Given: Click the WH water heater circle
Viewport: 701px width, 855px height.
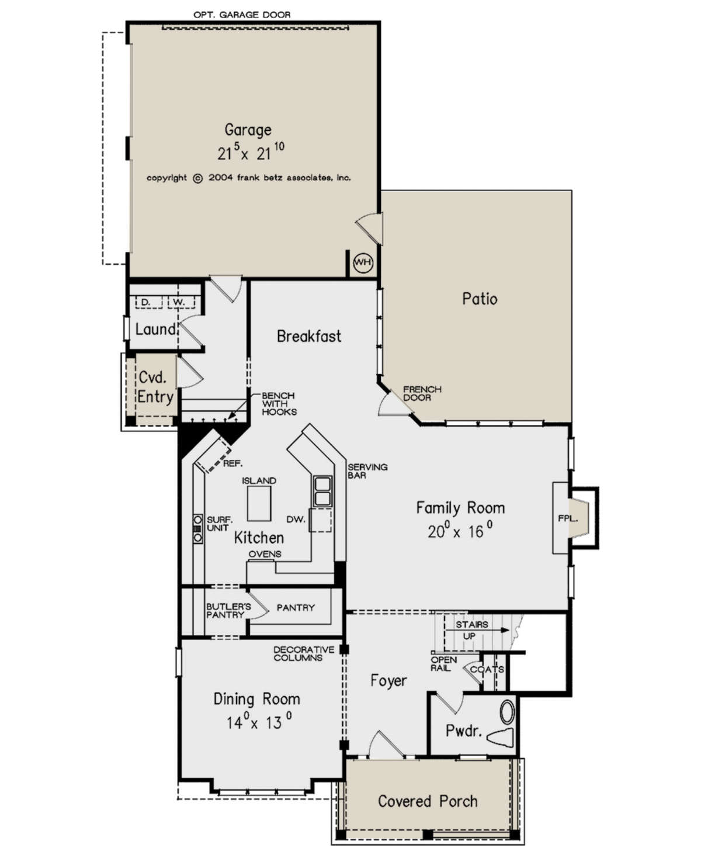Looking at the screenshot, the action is [x=363, y=262].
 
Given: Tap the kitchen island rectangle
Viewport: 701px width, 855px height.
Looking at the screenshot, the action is [x=259, y=503].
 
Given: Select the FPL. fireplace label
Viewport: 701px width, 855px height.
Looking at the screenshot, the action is [x=568, y=518].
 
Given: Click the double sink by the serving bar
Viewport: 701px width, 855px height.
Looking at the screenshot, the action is [x=322, y=491].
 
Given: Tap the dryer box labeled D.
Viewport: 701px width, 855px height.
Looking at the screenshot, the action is [x=149, y=302].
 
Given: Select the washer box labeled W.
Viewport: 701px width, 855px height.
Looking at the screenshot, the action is [x=181, y=302].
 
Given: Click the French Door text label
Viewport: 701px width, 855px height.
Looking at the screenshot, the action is [x=422, y=393].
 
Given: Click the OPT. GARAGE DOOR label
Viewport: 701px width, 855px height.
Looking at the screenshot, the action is [x=242, y=15].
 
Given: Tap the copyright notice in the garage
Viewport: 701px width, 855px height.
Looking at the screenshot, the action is [x=248, y=178].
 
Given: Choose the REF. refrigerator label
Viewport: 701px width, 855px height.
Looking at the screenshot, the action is [x=232, y=463].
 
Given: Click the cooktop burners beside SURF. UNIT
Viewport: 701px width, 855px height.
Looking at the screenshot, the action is [x=197, y=529].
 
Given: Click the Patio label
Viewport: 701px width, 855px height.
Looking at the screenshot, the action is [x=480, y=299].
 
